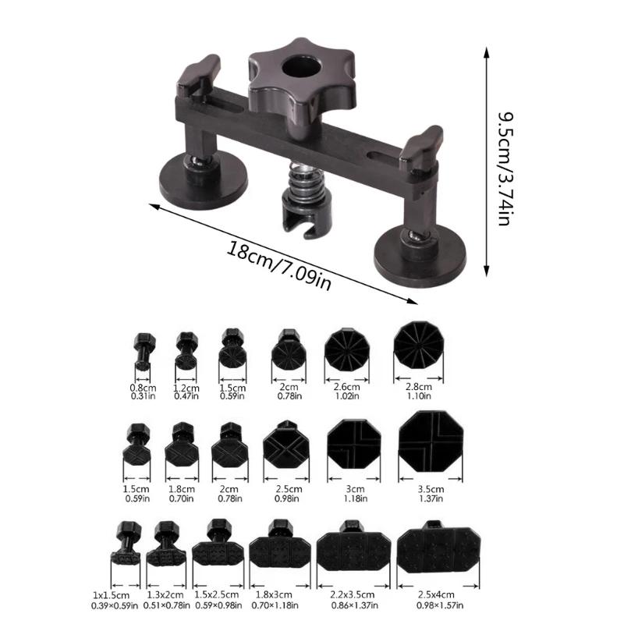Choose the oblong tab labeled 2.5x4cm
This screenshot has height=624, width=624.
click(438, 550)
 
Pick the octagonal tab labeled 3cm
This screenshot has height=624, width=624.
click(354, 446)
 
